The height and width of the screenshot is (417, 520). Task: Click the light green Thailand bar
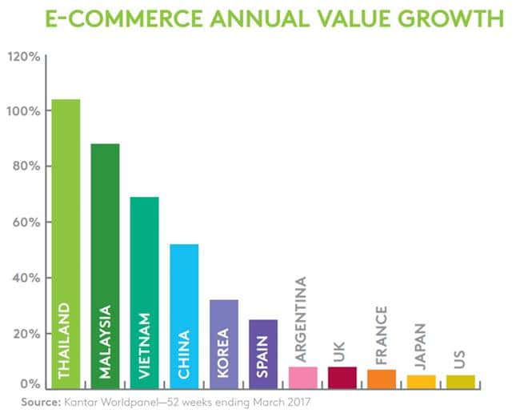pyautogui.click(x=66, y=240)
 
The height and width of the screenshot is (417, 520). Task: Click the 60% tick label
pyautogui.click(x=26, y=222)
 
